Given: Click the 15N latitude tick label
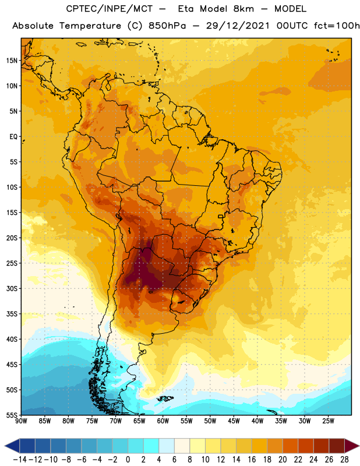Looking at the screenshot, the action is (12, 61).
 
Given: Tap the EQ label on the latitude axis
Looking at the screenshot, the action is (13, 137).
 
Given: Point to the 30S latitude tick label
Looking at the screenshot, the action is (12, 288).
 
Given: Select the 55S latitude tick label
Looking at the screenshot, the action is (12, 415).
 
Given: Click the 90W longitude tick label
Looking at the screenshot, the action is (21, 421).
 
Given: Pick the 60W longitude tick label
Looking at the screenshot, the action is (163, 421).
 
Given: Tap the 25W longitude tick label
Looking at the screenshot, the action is (328, 421).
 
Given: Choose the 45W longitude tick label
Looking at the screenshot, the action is (234, 421).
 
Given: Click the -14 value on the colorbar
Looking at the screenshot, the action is (20, 460).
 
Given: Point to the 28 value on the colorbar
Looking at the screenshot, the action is (344, 460).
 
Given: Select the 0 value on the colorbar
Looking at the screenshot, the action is (128, 460).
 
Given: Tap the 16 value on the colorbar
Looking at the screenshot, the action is (252, 460).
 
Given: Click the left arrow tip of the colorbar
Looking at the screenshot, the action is (5, 446).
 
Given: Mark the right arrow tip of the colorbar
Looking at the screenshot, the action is (359, 446).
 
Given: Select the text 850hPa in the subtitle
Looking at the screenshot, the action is (167, 26).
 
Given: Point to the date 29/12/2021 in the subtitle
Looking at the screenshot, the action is (238, 26).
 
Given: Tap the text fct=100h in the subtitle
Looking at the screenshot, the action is (337, 26).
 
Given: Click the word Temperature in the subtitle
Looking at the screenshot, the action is (90, 26).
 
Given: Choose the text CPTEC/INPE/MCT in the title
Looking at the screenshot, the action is (110, 9).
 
